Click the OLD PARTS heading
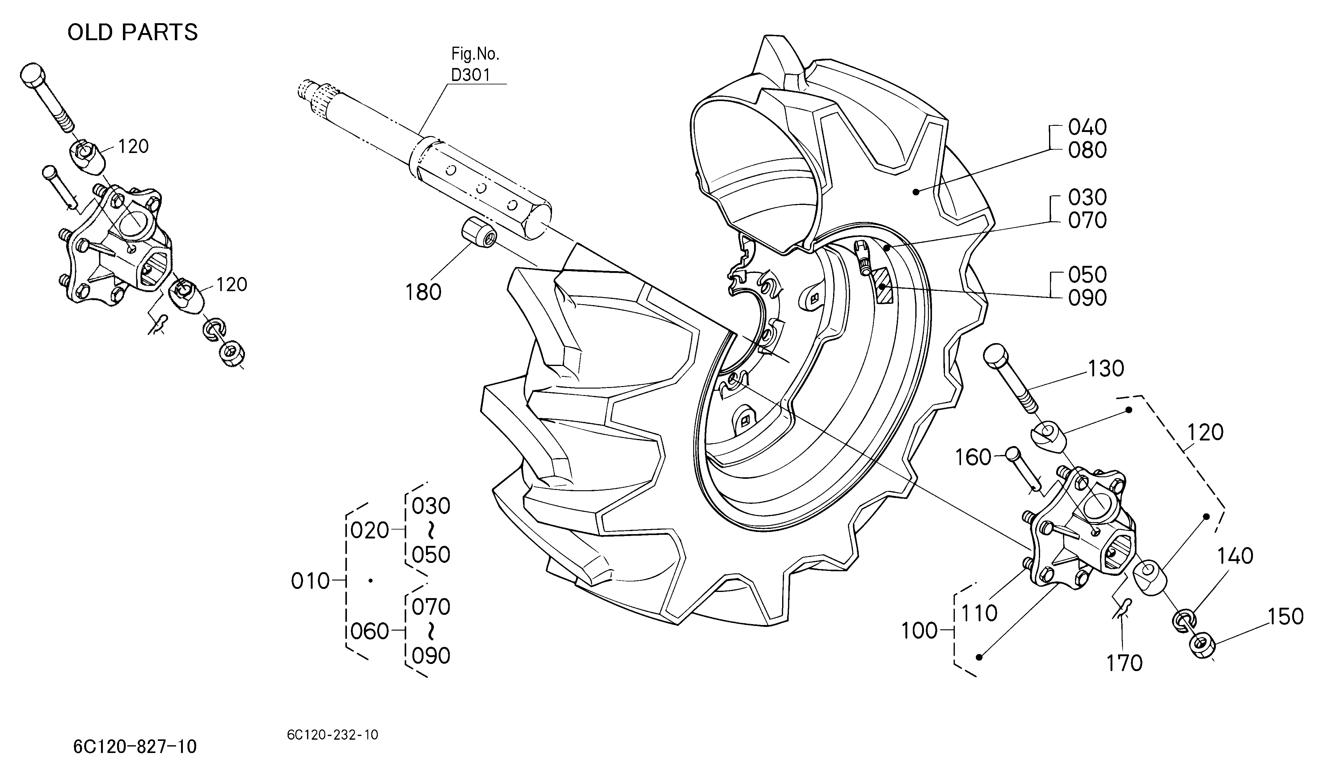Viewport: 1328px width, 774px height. [x=133, y=33]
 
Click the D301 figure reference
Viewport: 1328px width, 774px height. [x=470, y=75]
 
